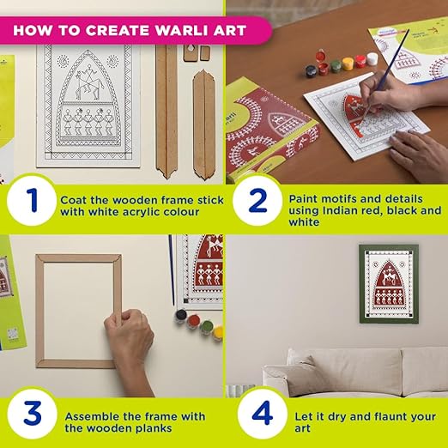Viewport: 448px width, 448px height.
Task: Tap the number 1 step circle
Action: [32, 201]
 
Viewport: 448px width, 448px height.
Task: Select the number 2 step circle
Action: [257, 200]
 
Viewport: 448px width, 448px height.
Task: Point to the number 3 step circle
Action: [32, 414]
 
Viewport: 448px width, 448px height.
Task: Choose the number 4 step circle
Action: [263, 414]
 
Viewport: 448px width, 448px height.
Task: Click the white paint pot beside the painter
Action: [372, 58]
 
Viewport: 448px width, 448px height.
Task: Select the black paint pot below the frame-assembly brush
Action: [181, 316]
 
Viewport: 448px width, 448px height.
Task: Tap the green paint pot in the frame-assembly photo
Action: [206, 327]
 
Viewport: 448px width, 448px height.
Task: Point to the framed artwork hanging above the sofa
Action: [389, 284]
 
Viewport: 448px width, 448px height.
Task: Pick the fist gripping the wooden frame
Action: [129, 332]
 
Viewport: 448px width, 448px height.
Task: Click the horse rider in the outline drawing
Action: [88, 82]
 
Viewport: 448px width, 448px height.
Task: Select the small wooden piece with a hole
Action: [191, 52]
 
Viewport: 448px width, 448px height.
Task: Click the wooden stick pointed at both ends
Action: [204, 125]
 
